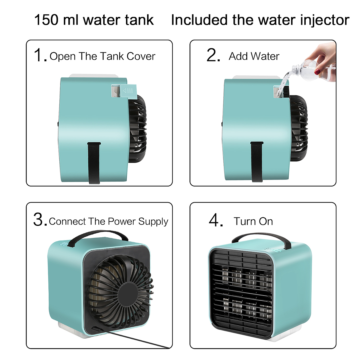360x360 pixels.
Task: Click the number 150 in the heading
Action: click(46, 20)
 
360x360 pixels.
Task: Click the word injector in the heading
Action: click(325, 20)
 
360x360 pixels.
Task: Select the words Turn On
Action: click(253, 221)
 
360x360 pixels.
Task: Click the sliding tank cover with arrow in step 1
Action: click(128, 91)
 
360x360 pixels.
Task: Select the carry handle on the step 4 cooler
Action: click(262, 241)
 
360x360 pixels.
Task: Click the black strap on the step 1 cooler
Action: click(94, 163)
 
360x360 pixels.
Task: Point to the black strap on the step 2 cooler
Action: click(256, 162)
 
